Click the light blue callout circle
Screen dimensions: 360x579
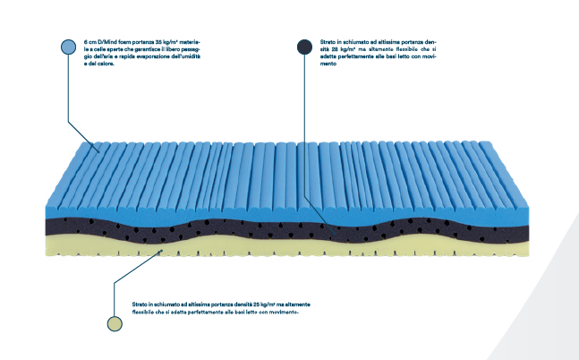pyautogui.click(x=68, y=47)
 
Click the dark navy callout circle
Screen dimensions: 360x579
pyautogui.click(x=303, y=47)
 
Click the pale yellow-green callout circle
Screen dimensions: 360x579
pyautogui.click(x=114, y=323)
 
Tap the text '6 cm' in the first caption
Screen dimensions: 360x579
pyautogui.click(x=89, y=41)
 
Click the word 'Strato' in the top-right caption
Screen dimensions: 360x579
pyautogui.click(x=327, y=41)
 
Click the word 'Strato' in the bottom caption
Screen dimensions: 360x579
pyautogui.click(x=139, y=305)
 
